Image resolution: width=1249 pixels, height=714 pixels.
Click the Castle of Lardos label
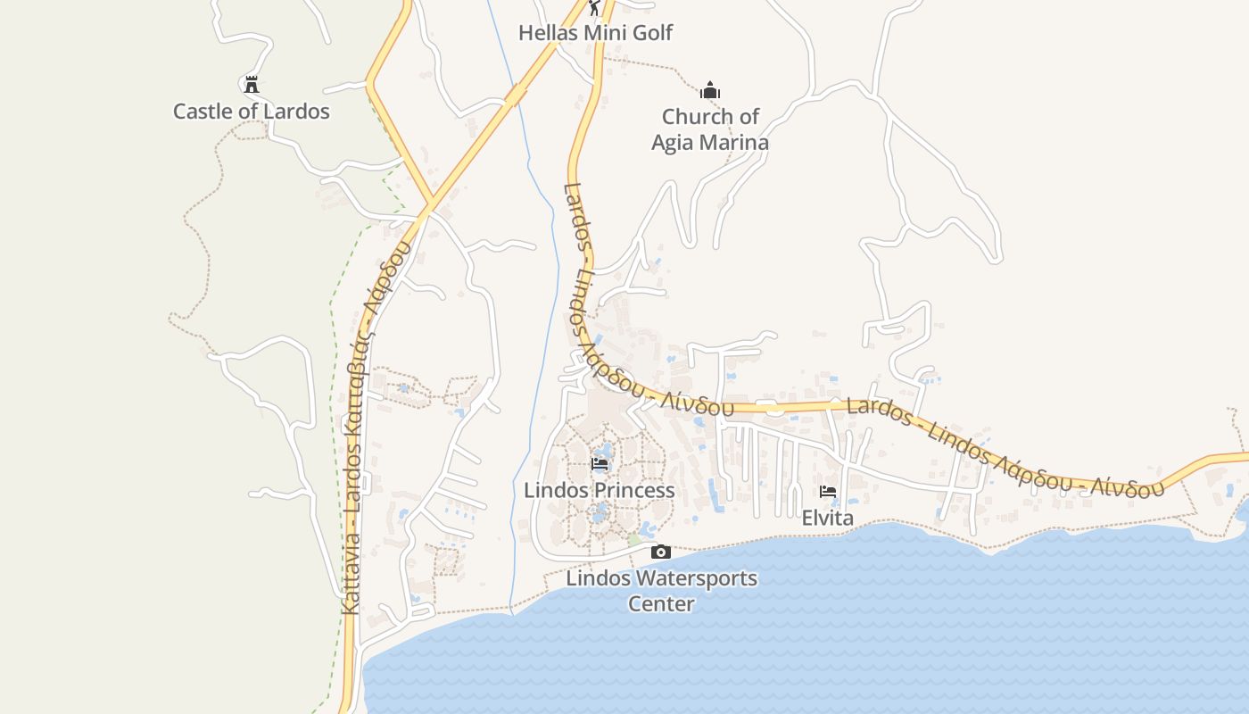point(251,112)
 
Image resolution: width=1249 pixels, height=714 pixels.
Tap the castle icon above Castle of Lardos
point(252,85)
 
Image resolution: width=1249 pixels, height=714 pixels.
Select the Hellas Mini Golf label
point(595,33)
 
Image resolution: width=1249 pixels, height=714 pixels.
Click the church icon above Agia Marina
point(710,90)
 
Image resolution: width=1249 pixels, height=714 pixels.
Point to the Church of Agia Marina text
point(710,129)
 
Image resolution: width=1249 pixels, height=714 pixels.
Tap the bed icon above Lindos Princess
point(600,464)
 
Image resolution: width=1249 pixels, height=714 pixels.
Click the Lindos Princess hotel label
point(599,490)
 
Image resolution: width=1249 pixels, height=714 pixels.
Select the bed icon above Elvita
point(828,492)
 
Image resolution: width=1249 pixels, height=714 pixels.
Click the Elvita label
point(828,518)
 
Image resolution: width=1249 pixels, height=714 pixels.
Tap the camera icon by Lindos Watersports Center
point(660,552)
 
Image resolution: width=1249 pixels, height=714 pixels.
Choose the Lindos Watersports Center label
point(661,590)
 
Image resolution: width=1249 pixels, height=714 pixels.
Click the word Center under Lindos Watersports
point(661,603)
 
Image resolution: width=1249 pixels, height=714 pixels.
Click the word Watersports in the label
point(688,577)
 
